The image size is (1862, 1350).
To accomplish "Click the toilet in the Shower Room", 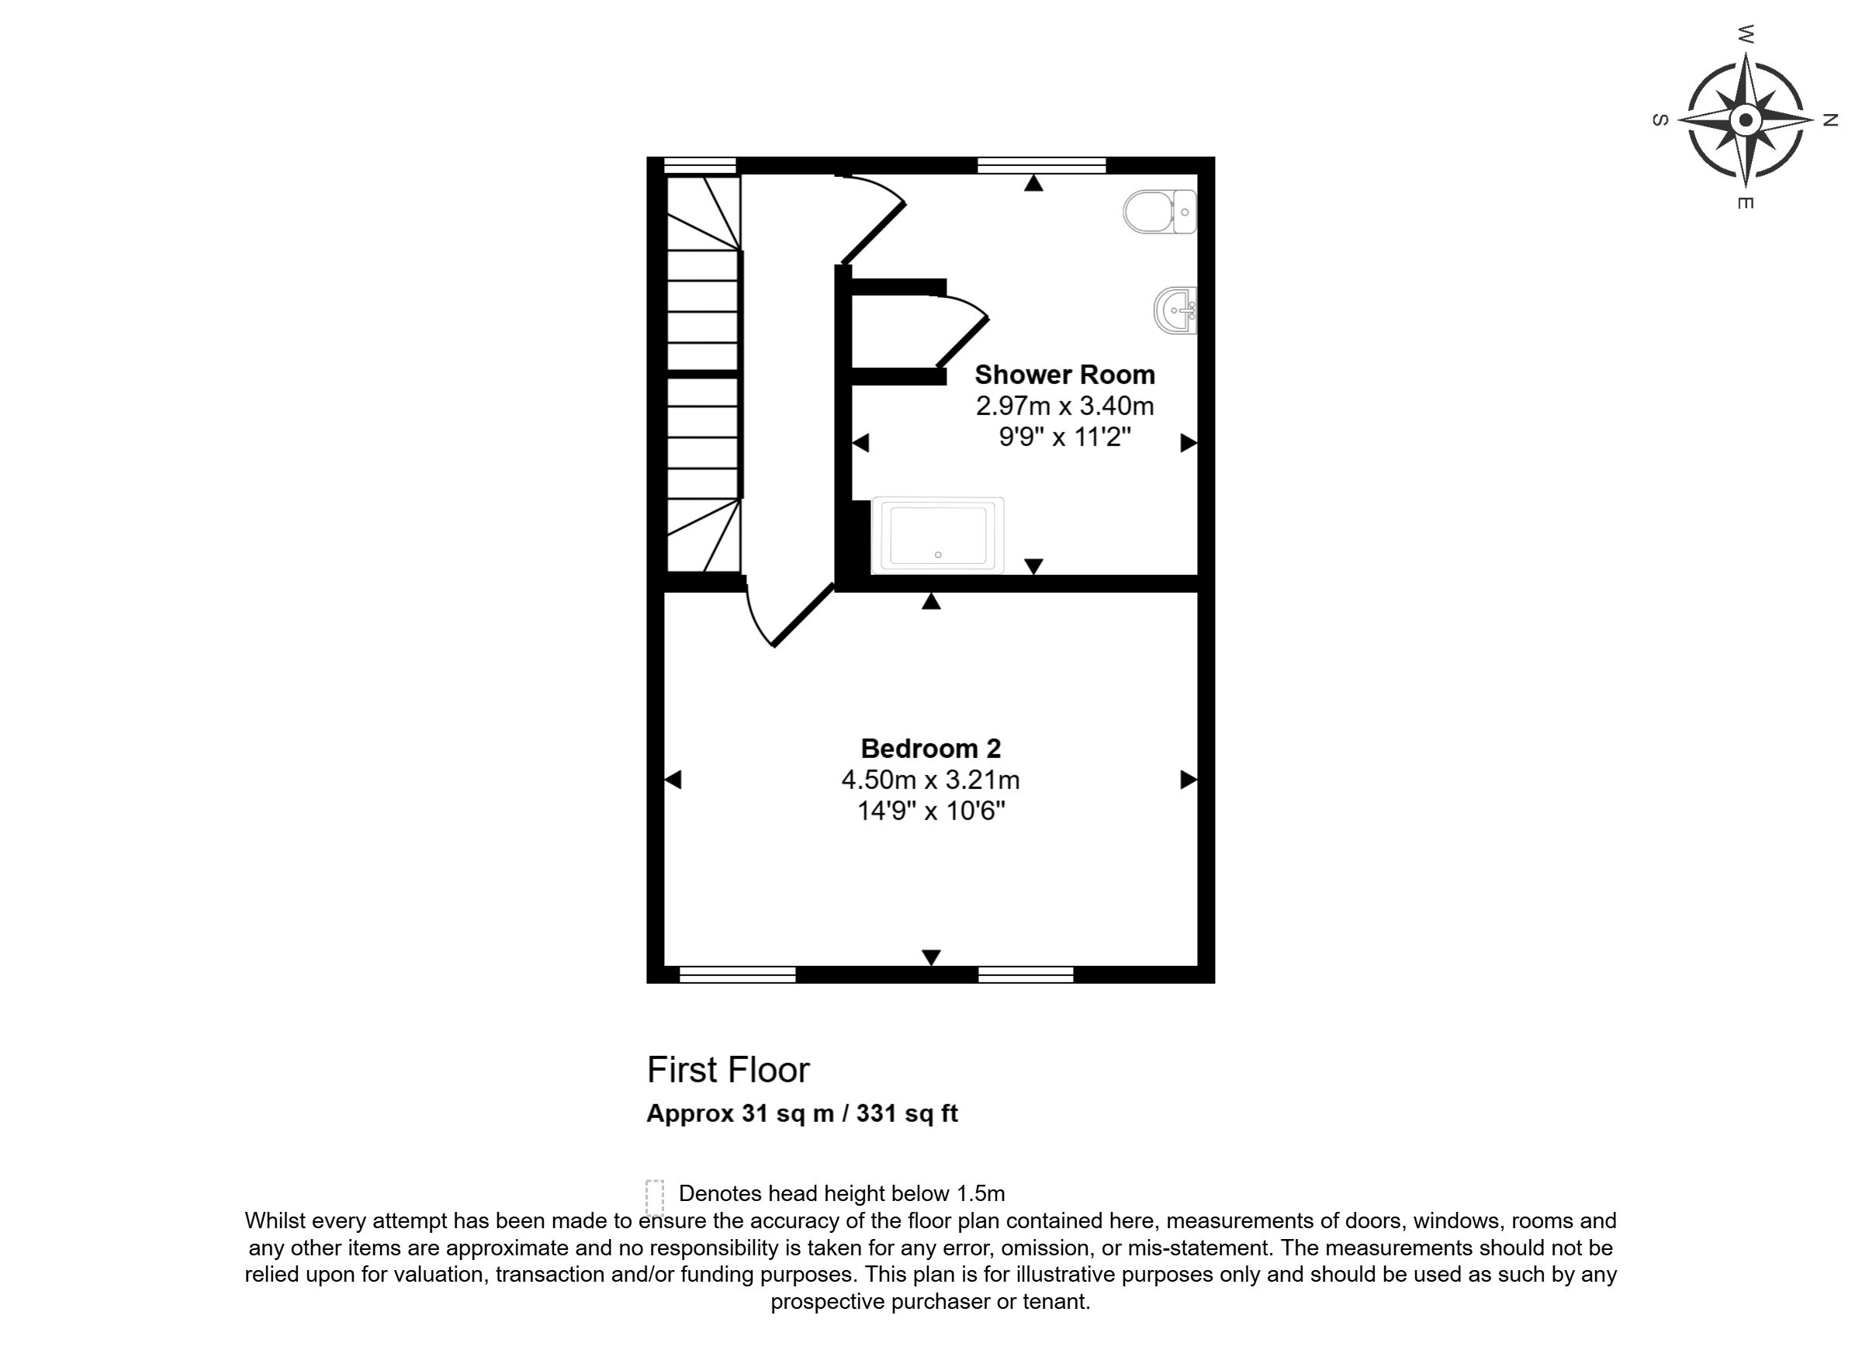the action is point(1159,211).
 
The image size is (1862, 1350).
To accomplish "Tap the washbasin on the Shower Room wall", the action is point(1175,310).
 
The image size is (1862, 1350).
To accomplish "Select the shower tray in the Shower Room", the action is point(937,535).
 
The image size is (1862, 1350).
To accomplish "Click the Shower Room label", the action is point(1064,375).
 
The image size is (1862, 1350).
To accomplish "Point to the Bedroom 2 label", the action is point(930,748).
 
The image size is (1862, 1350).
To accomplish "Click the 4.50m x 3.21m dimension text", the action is point(930,779).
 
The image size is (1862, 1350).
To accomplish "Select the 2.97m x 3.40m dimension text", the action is point(1064,406).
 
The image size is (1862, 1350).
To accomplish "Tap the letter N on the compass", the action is point(1830,120).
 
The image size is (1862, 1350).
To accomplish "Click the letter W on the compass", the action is point(1746,34).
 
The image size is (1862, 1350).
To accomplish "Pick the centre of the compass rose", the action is point(1746,121).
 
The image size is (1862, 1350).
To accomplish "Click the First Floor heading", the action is point(729,1070).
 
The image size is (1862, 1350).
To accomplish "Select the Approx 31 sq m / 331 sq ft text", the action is point(802,1113).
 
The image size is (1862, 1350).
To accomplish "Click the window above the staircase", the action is point(700,165).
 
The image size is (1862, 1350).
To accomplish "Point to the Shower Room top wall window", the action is point(1042,165).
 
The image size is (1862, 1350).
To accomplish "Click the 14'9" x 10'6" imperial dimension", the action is point(931,812).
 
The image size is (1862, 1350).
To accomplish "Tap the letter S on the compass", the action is point(1660,120).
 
